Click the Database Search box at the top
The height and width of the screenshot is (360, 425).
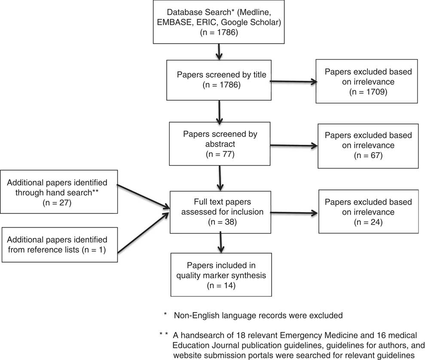[x=219, y=22]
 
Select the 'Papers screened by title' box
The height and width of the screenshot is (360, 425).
[x=219, y=80]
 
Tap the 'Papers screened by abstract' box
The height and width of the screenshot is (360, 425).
[x=220, y=144]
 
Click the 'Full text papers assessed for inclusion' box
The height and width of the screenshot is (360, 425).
[x=220, y=212]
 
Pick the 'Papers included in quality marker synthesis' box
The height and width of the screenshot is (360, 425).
[x=221, y=275]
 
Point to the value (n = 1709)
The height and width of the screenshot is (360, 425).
[x=368, y=92]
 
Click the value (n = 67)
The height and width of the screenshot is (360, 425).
[x=368, y=156]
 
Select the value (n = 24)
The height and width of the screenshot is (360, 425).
[x=368, y=223]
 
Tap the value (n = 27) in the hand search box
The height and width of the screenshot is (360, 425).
[x=57, y=203]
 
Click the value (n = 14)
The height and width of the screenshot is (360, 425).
[x=221, y=286]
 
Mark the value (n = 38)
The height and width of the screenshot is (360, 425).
[x=222, y=222]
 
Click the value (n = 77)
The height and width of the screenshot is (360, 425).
[x=220, y=154]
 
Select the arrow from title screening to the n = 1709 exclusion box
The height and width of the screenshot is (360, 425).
[x=294, y=82]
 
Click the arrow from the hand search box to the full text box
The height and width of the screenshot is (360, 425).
[x=144, y=197]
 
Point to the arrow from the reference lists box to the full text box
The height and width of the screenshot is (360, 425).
[x=144, y=233]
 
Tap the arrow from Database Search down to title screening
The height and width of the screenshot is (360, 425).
[x=219, y=52]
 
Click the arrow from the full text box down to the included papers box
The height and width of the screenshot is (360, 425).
[x=221, y=242]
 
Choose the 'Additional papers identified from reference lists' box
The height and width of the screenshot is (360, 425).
[x=60, y=244]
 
